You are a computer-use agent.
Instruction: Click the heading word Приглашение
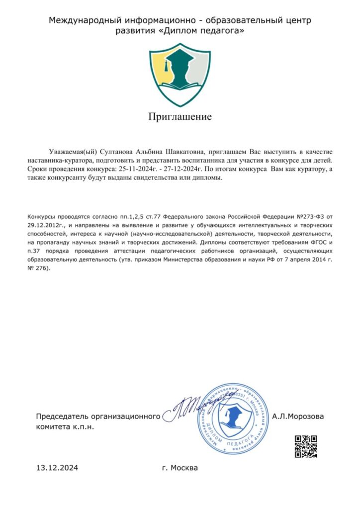[x=180, y=117]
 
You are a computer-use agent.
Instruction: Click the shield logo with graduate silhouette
[x=180, y=75]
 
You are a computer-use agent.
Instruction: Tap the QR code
[x=306, y=446]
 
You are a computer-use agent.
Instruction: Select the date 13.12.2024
[x=57, y=468]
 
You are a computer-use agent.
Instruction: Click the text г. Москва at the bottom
[x=180, y=468]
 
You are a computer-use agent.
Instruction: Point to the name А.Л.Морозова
[x=298, y=416]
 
